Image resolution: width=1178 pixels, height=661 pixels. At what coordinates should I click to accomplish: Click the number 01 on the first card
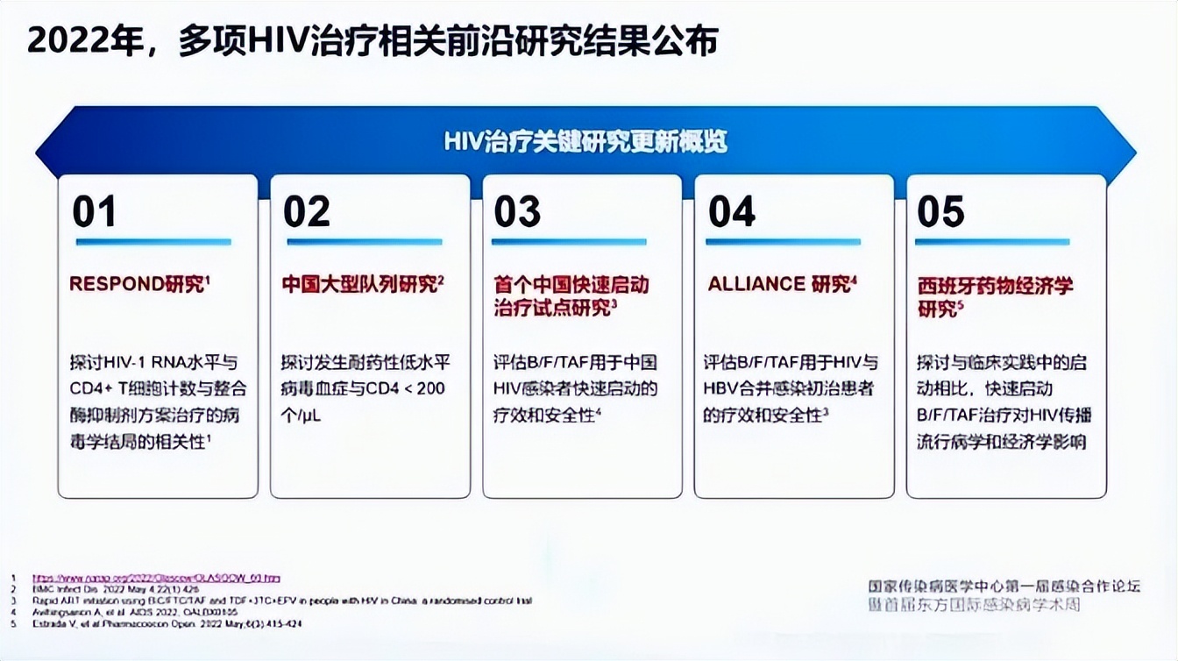(x=94, y=212)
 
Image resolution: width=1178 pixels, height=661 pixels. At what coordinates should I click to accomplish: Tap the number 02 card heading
(x=307, y=212)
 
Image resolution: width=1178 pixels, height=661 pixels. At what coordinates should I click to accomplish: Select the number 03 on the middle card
(x=518, y=212)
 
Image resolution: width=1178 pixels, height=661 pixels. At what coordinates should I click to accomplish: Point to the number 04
(x=731, y=212)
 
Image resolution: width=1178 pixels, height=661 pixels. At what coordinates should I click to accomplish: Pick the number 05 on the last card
(x=940, y=212)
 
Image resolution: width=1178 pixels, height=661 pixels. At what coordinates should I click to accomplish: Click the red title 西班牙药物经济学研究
(x=995, y=296)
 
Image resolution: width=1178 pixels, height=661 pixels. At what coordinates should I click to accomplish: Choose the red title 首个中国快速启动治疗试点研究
(x=571, y=296)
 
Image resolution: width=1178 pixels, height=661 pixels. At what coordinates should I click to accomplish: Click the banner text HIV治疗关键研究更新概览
(x=585, y=142)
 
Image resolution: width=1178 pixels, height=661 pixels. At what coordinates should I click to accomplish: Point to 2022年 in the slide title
(x=83, y=41)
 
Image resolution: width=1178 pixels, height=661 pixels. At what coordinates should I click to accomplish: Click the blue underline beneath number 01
(x=153, y=242)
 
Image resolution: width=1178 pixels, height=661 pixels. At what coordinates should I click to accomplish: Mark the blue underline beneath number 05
(x=992, y=242)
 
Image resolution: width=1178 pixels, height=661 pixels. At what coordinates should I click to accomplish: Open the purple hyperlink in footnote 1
(x=157, y=579)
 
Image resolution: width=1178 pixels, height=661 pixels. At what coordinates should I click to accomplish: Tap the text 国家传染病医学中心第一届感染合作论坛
(x=1004, y=586)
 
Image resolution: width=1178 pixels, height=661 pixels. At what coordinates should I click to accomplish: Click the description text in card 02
(x=363, y=388)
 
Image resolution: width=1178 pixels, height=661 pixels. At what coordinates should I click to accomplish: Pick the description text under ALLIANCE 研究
(x=789, y=388)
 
